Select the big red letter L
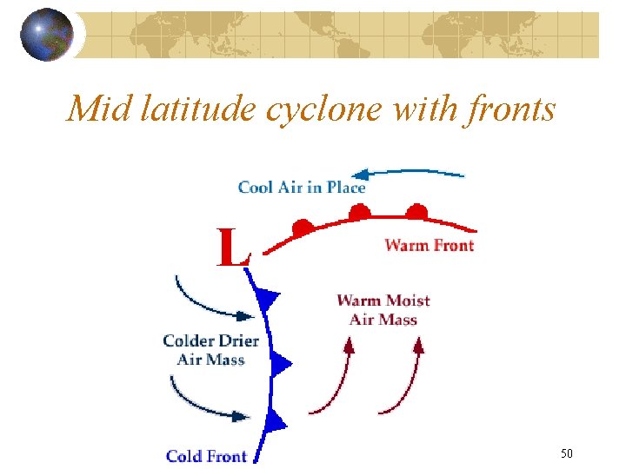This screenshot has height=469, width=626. coord(233,248)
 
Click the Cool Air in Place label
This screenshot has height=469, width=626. coord(302,187)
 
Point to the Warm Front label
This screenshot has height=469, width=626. coord(430,245)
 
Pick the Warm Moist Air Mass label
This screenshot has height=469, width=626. coord(383,310)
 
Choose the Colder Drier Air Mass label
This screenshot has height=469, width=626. coord(210,350)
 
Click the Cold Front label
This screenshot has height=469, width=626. coord(206,456)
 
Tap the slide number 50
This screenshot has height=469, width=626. coord(566,453)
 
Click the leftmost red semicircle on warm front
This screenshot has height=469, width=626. coord(302,228)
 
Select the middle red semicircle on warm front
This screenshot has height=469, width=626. coord(358,211)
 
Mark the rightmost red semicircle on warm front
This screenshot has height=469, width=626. coord(417,211)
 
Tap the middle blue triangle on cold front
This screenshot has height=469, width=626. coord(279,363)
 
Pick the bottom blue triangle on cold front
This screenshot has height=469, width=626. coord(275,422)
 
